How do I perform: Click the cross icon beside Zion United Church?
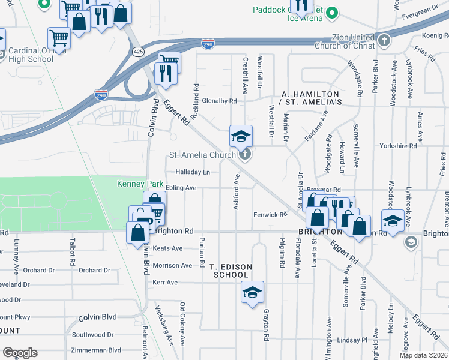click(385, 41)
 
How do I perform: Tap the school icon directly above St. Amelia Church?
click(240, 136)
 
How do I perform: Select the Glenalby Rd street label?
click(219, 101)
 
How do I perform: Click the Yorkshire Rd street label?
click(398, 146)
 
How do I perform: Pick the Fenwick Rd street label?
click(271, 214)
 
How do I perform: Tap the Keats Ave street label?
click(167, 248)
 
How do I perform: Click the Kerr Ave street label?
click(164, 282)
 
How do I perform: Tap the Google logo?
click(20, 353)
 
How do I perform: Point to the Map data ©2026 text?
click(423, 355)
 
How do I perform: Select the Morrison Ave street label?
click(173, 265)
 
